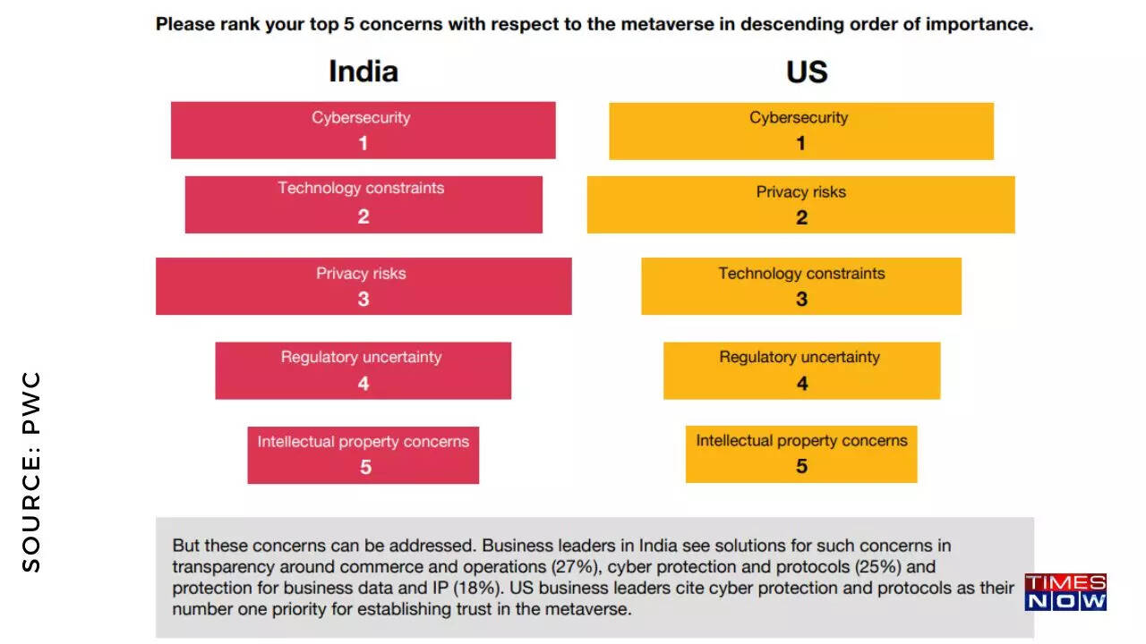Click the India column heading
click(x=363, y=72)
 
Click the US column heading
click(x=806, y=72)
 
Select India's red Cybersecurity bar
click(x=363, y=130)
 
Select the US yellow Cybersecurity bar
click(x=800, y=131)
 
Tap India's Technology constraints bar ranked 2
click(x=363, y=204)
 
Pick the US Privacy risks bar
click(x=800, y=204)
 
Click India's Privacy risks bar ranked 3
click(x=363, y=286)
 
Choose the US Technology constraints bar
click(x=800, y=286)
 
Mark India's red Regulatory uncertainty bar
click(x=363, y=370)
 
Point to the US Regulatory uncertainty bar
click(x=801, y=370)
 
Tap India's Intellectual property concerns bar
click(x=363, y=454)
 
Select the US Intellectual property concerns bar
click(x=801, y=453)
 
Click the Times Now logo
click(x=1065, y=592)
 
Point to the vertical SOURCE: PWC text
click(x=32, y=471)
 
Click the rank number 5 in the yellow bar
click(x=801, y=466)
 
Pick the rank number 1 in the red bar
click(x=363, y=143)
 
